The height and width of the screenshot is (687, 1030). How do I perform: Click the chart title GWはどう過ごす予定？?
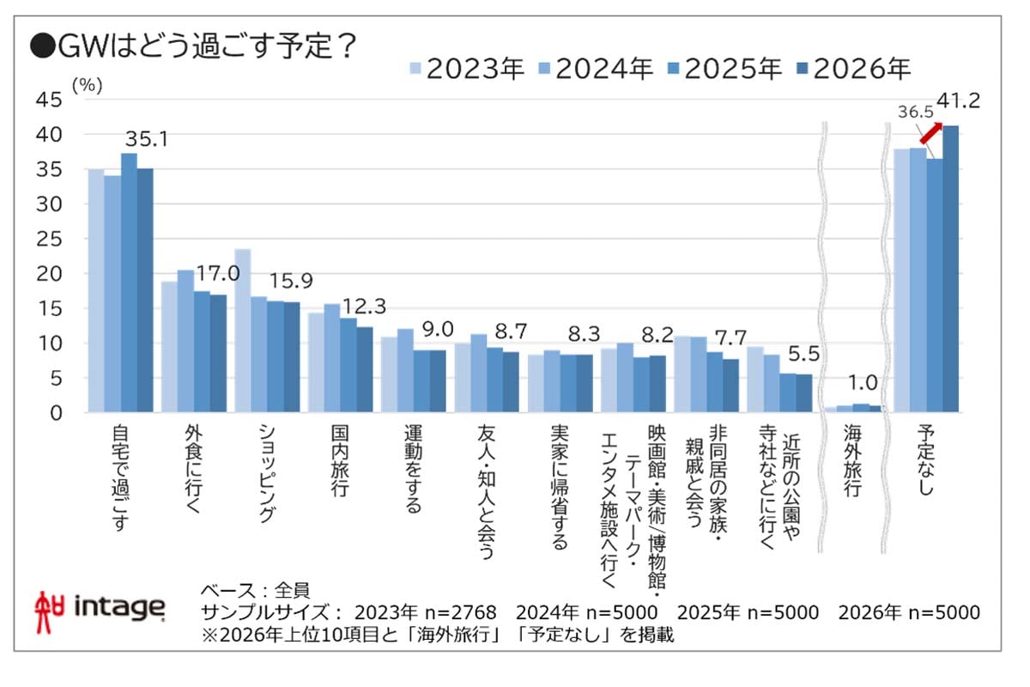(193, 45)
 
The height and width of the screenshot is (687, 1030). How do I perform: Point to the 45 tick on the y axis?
(51, 100)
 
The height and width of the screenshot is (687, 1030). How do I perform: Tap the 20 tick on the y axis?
(51, 274)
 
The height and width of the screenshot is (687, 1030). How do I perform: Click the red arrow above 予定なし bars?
(930, 132)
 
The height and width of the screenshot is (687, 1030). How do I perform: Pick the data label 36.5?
(915, 112)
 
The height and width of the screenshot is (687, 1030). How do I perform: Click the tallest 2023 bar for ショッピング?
(243, 331)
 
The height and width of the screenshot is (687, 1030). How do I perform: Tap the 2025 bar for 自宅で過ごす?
(129, 283)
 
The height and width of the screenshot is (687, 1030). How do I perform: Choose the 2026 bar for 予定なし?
(951, 269)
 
